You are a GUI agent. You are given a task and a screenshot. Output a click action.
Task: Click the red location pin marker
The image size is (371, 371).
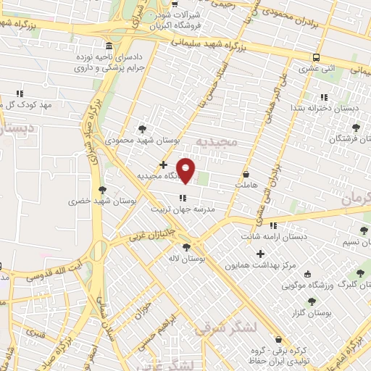[x=186, y=171]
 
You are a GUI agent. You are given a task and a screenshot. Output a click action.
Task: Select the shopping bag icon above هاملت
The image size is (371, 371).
[x=246, y=175]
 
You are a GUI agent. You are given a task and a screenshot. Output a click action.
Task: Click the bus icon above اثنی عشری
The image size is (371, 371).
[x=316, y=57]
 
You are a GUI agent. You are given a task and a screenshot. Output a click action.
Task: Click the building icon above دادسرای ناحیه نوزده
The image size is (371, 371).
[x=108, y=45]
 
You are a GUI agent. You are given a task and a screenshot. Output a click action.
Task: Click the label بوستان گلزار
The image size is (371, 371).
[x=319, y=313]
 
